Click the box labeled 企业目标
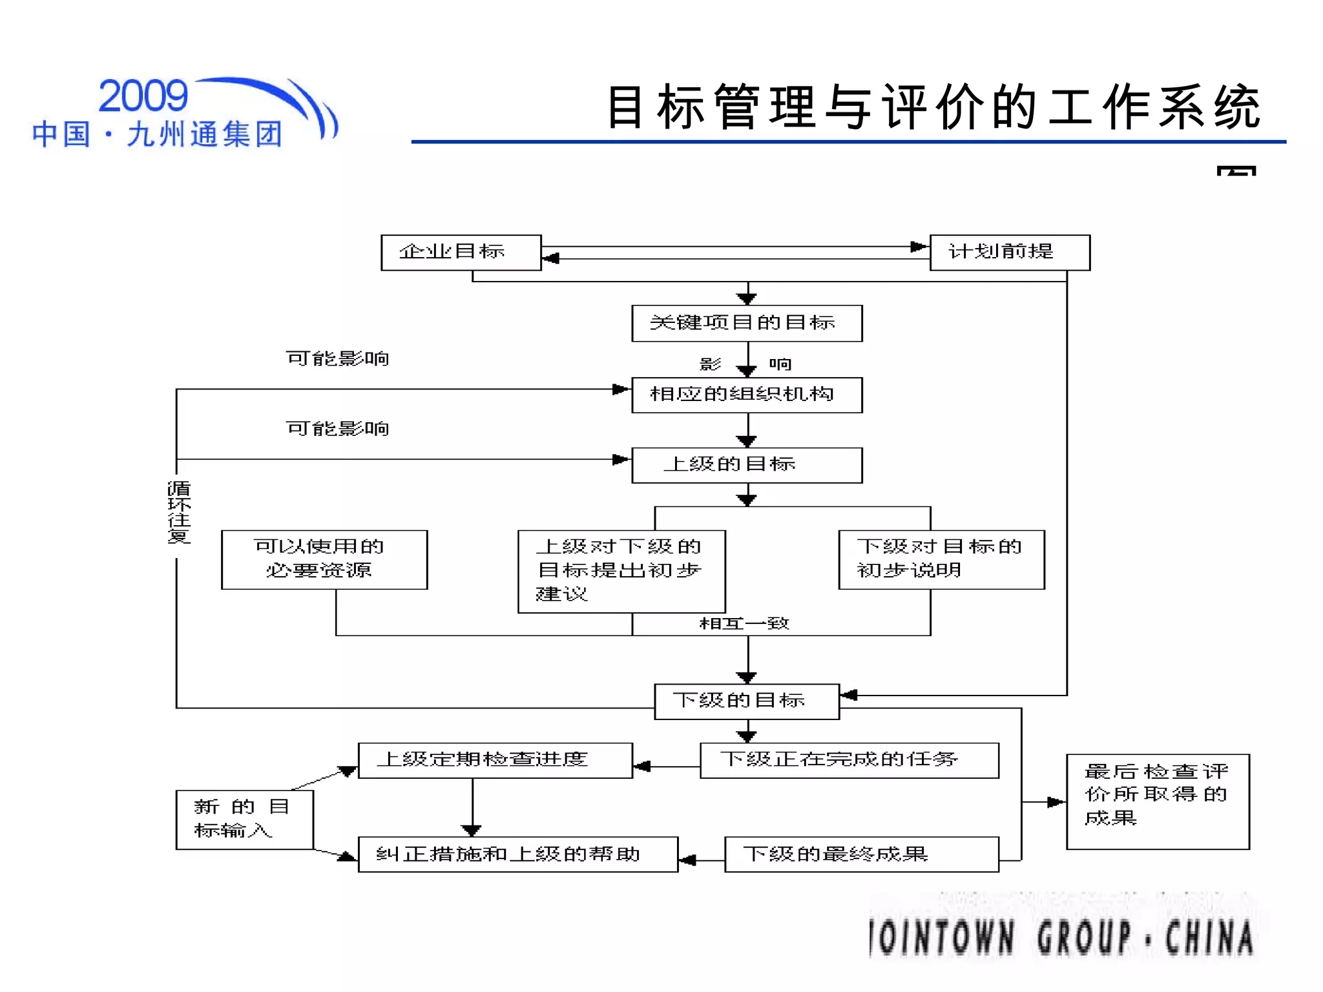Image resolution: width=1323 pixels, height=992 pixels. (x=461, y=253)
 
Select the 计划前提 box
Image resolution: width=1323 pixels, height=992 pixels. (x=1009, y=253)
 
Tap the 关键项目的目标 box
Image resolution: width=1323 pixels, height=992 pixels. (x=747, y=323)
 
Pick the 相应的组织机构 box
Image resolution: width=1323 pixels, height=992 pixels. (x=747, y=395)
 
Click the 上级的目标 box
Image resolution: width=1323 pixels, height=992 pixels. (x=747, y=465)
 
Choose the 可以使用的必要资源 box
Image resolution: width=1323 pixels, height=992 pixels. (x=324, y=559)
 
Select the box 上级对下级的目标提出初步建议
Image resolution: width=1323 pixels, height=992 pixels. (x=621, y=571)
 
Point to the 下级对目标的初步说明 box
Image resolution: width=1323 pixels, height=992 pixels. (x=941, y=559)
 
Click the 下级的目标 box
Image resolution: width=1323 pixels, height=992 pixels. (x=747, y=701)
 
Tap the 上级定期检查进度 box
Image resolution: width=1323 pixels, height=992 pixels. (x=495, y=760)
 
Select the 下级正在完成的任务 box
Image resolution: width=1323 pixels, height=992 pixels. (x=849, y=760)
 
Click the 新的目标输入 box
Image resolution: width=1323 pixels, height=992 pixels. (x=244, y=819)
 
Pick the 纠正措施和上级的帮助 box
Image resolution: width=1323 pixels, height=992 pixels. (x=517, y=854)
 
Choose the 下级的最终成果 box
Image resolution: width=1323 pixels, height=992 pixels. (x=861, y=854)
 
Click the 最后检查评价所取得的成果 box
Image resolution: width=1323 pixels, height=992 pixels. (x=1157, y=801)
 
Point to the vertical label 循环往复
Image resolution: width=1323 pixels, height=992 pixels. (x=179, y=512)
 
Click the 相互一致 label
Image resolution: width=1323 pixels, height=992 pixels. (x=744, y=623)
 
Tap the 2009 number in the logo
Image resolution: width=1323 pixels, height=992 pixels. (x=143, y=96)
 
